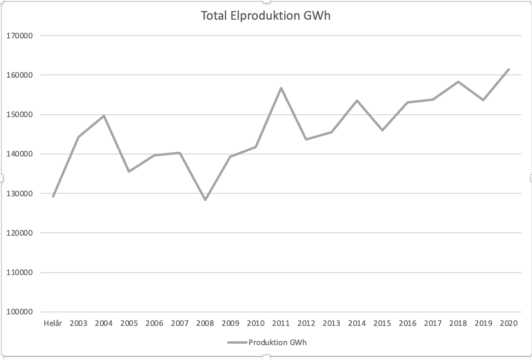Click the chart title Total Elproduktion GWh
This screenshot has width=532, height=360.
pyautogui.click(x=266, y=16)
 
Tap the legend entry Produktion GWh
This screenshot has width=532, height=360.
pyautogui.click(x=277, y=342)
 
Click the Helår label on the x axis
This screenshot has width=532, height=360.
pyautogui.click(x=53, y=324)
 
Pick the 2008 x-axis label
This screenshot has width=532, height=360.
pyautogui.click(x=205, y=324)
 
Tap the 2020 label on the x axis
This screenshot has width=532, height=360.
pyautogui.click(x=508, y=324)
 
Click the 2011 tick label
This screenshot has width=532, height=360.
pyautogui.click(x=281, y=324)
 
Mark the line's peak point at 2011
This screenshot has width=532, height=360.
pyautogui.click(x=281, y=88)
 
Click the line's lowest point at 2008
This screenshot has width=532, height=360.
pyautogui.click(x=205, y=200)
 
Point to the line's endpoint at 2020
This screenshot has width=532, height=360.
pyautogui.click(x=508, y=69)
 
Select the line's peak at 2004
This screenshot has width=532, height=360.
pyautogui.click(x=104, y=116)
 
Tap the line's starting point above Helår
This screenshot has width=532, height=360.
pyautogui.click(x=53, y=197)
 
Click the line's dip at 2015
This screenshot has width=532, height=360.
pyautogui.click(x=382, y=130)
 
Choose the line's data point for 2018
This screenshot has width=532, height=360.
pyautogui.click(x=458, y=82)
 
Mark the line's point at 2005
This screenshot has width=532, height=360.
pyautogui.click(x=129, y=171)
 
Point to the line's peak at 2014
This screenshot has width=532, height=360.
pyautogui.click(x=357, y=100)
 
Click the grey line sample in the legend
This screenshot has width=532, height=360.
pyautogui.click(x=237, y=342)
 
